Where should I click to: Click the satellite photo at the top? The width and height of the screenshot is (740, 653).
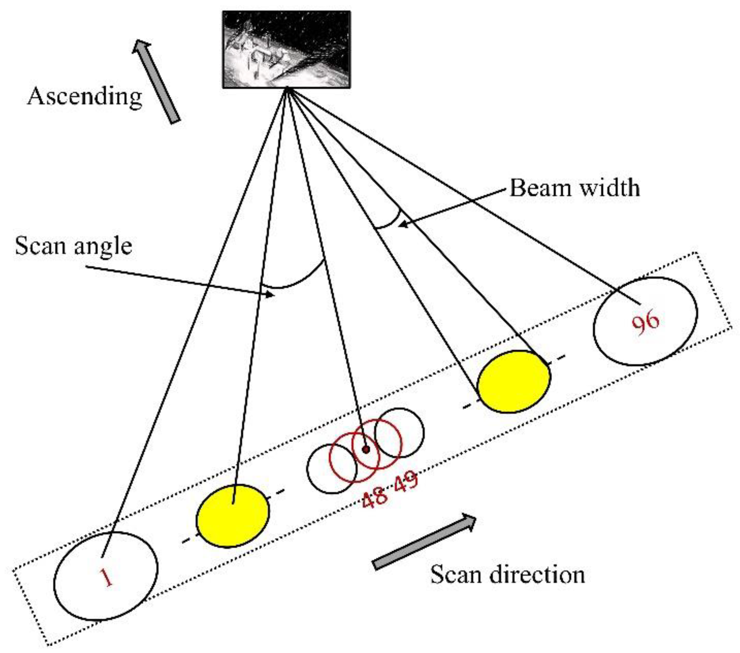click(x=286, y=49)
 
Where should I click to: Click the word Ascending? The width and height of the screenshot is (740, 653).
click(x=85, y=97)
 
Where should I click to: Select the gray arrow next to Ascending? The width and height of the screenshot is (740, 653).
click(x=156, y=81)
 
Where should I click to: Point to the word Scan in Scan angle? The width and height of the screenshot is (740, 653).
click(x=41, y=246)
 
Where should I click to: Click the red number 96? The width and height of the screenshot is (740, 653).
click(x=645, y=323)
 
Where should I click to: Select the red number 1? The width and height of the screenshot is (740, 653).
click(x=106, y=577)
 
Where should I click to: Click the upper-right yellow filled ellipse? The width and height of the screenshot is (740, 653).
click(x=514, y=382)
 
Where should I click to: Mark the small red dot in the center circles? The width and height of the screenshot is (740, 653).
click(x=366, y=449)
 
